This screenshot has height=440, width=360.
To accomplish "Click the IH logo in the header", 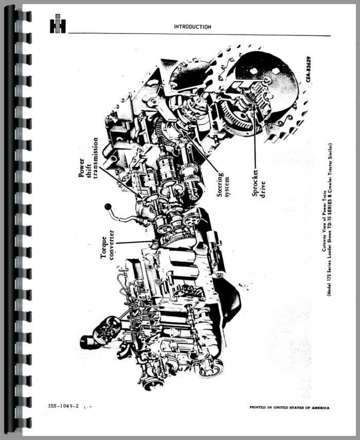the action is [58, 24].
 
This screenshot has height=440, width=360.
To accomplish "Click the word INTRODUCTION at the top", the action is [193, 27].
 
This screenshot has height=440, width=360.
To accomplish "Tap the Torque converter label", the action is [107, 244].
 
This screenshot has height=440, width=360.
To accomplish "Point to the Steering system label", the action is [223, 184].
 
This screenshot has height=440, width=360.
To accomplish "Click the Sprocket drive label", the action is [259, 183].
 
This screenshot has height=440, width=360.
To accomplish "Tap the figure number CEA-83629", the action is [309, 69].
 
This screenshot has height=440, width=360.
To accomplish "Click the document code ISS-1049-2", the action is [63, 406].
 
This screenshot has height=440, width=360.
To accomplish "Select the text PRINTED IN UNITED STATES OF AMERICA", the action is [290, 408].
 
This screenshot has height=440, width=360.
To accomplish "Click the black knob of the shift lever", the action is [108, 207].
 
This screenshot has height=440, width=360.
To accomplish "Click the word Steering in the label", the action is [220, 184].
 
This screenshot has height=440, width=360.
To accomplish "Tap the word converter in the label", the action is [112, 244].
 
